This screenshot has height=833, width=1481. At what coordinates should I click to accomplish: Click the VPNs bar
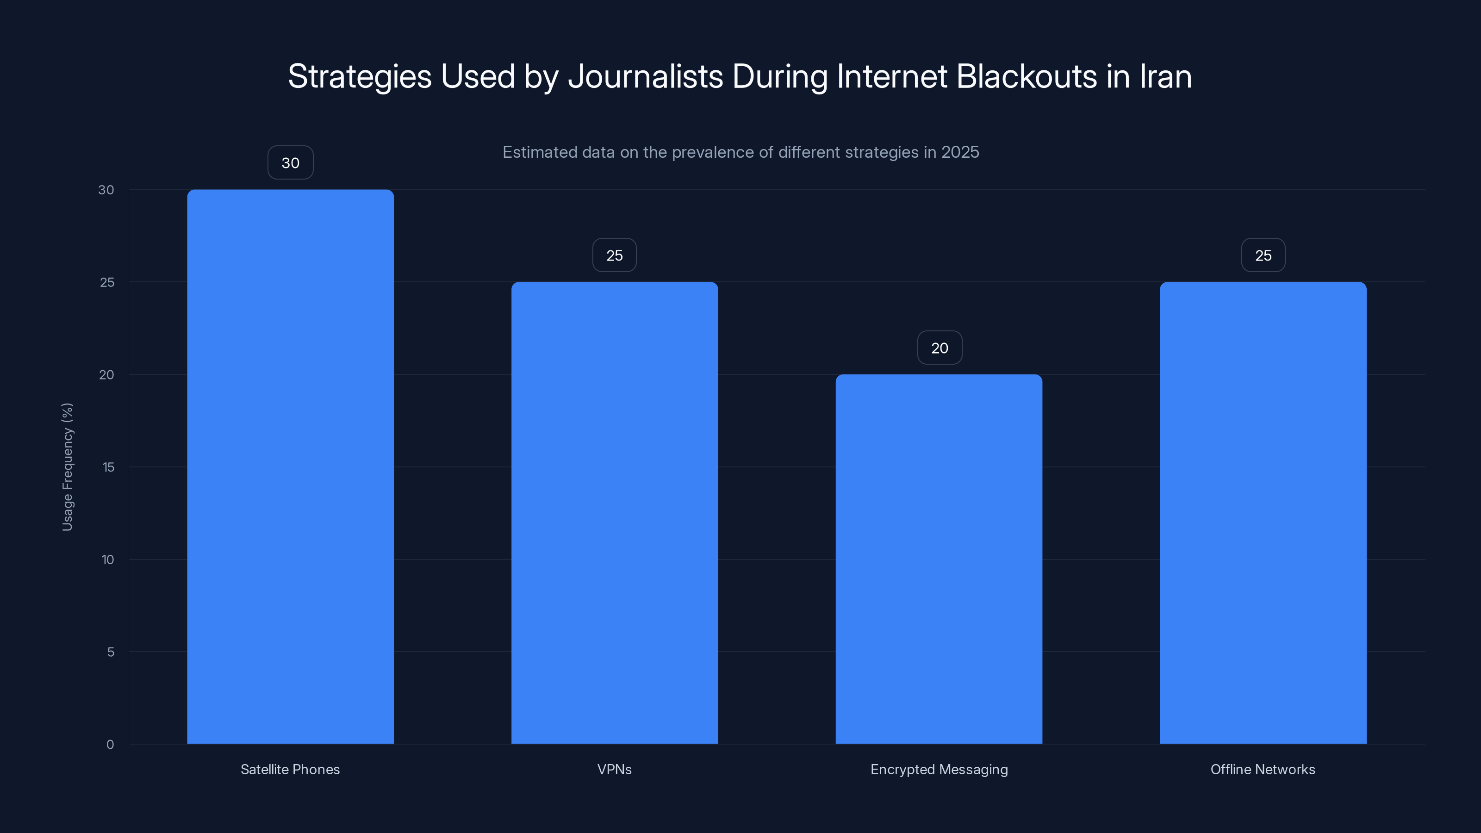[615, 512]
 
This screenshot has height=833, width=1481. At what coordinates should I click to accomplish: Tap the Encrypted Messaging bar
[939, 559]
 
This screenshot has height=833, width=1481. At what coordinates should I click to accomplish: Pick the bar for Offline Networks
[1263, 512]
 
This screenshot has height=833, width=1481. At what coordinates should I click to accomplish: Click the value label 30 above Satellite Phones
[290, 163]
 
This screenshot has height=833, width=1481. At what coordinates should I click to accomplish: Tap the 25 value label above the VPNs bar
[615, 255]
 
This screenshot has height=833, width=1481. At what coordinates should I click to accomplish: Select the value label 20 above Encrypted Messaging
[940, 348]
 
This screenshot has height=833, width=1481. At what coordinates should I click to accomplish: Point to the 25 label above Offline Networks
[1263, 255]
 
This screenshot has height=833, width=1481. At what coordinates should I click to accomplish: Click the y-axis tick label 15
[108, 467]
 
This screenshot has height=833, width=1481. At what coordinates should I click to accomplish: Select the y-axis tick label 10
[107, 560]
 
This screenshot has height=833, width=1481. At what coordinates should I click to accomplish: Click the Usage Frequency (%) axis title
[67, 467]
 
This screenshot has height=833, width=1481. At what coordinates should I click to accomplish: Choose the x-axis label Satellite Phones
[290, 769]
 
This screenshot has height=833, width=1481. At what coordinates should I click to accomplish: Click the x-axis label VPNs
[614, 769]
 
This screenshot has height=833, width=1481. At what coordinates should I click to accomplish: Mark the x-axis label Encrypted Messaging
[939, 769]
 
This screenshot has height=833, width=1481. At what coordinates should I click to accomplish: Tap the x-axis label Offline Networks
[1263, 769]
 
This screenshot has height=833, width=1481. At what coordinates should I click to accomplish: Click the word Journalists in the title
[645, 76]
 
